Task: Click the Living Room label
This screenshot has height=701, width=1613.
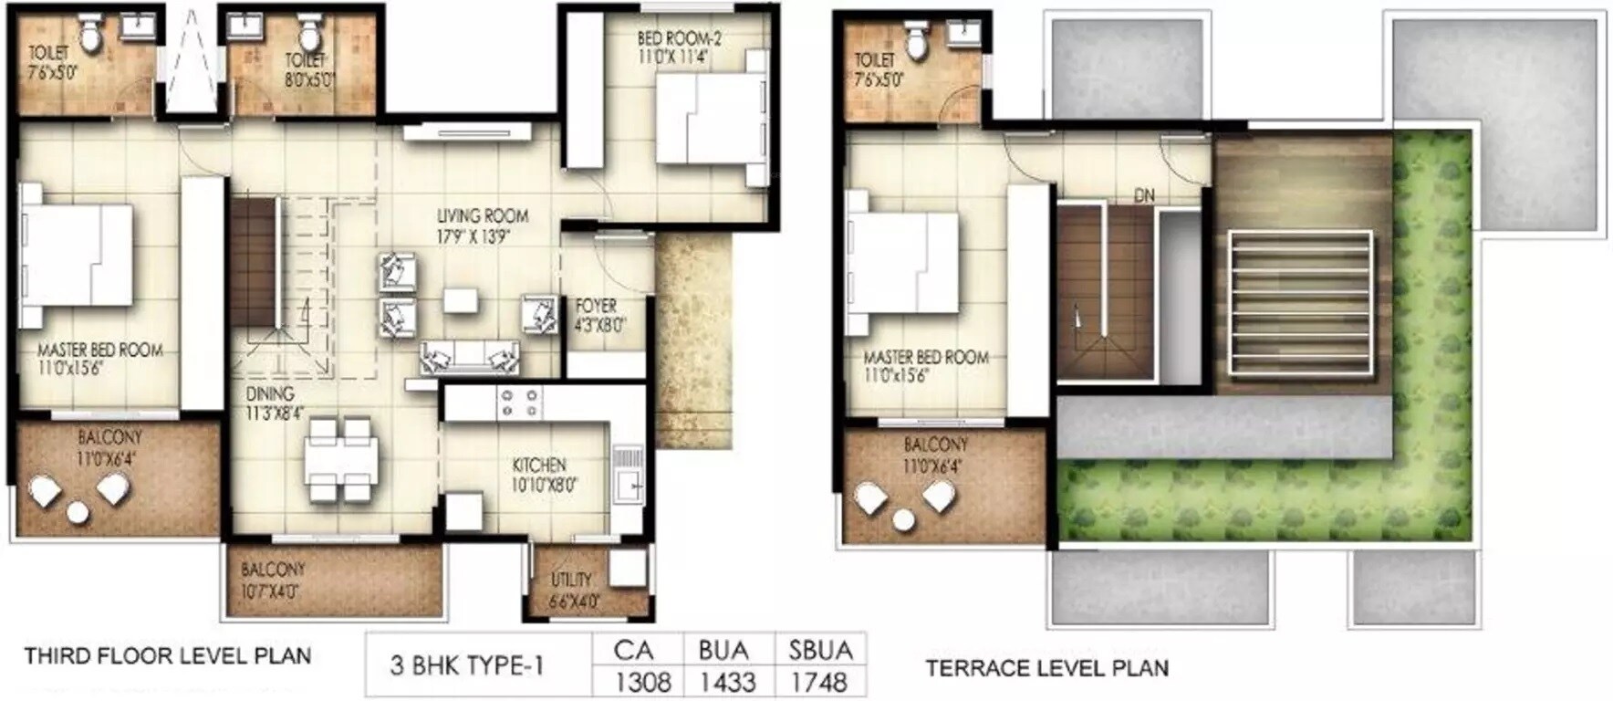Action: tap(482, 225)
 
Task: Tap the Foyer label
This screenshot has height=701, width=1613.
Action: tap(598, 315)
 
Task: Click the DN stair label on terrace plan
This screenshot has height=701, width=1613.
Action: tap(1145, 196)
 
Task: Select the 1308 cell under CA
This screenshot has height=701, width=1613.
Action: tap(642, 681)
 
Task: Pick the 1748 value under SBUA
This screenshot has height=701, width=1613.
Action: tap(819, 681)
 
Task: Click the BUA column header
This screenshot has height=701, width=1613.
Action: tap(723, 650)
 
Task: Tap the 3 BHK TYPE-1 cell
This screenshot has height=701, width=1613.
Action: tap(467, 665)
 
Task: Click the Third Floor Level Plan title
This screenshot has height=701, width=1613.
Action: tap(167, 655)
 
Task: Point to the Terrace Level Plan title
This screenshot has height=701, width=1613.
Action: tap(1047, 668)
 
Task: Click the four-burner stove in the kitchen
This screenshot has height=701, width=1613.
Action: tap(519, 403)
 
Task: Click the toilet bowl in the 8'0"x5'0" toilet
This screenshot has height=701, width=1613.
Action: tap(309, 37)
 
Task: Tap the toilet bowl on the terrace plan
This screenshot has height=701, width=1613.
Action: tap(916, 39)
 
